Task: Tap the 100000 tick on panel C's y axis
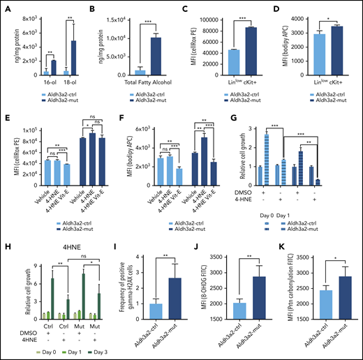tap(209, 10)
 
